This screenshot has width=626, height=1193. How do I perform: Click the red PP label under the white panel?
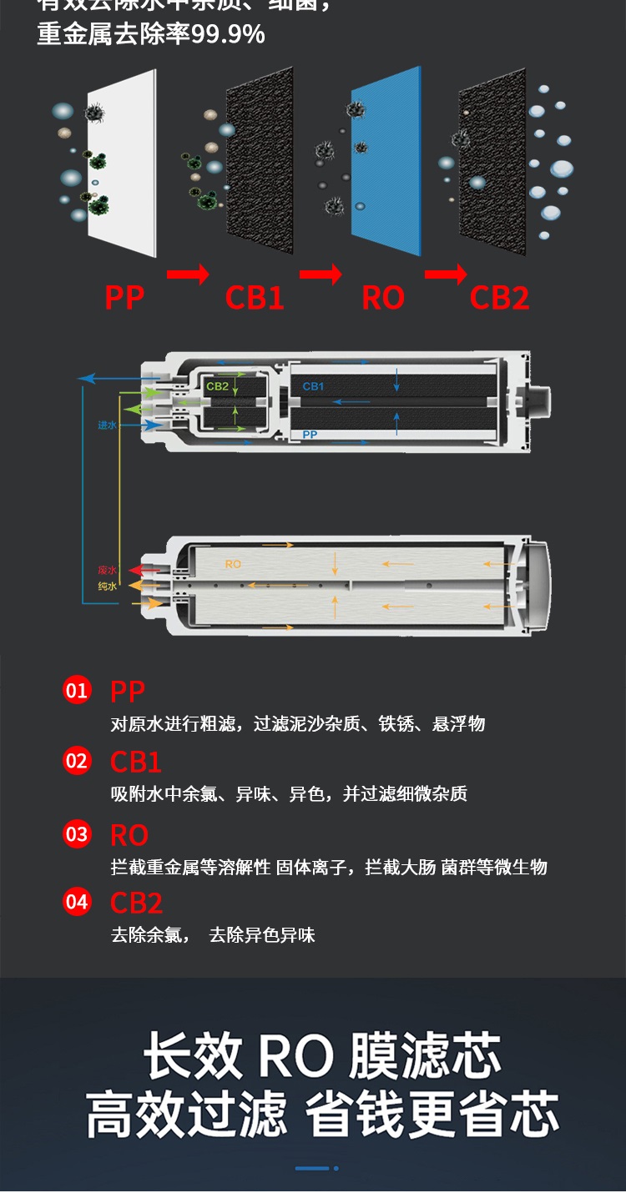pos(124,298)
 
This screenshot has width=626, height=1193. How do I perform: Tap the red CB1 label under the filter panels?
pos(255,298)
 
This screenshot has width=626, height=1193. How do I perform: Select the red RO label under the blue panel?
pos(383,298)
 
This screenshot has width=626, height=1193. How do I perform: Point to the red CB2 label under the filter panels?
pos(499,298)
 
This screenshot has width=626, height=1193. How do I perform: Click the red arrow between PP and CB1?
pos(188,274)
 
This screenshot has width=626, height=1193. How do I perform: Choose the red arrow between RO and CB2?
pos(446,274)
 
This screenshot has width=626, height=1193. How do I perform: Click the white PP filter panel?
pos(121,163)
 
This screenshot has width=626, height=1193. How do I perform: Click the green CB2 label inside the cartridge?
pos(218,386)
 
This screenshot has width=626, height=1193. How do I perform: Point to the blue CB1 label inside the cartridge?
pos(313,386)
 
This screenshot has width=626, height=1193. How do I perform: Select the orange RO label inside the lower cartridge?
pos(233,564)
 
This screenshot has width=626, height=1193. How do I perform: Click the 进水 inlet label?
pos(107,425)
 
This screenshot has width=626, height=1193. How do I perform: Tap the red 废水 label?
pos(107,571)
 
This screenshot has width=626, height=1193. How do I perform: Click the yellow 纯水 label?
pos(107,586)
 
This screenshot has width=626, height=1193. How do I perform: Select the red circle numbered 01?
pos(77,690)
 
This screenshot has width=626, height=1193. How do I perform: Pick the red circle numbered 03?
pos(77,834)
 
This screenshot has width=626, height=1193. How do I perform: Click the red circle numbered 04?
pos(77,902)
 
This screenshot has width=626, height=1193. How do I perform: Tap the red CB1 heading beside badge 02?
pos(136,762)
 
